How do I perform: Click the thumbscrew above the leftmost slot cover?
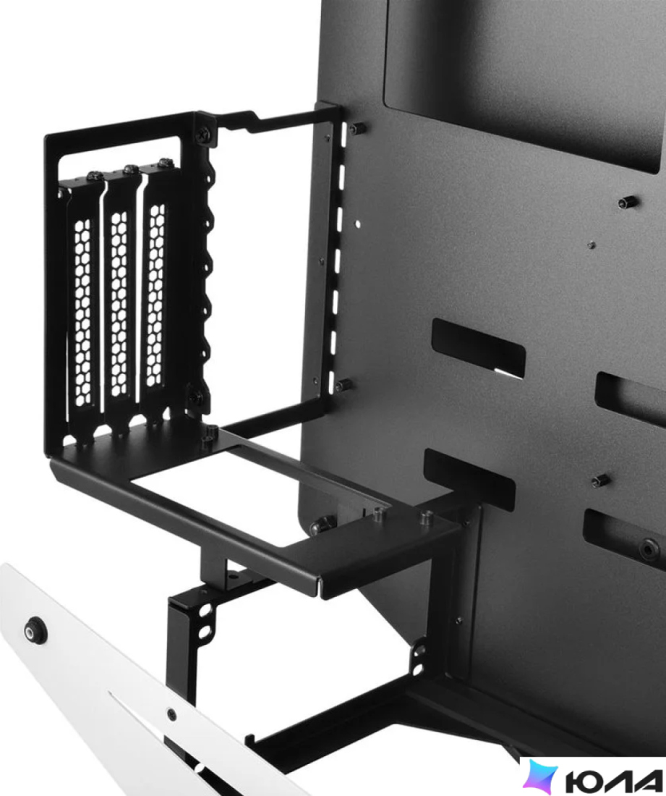95,176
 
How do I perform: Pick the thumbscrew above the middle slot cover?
130,169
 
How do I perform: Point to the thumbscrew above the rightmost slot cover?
166,162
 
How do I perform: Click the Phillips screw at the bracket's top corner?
204,135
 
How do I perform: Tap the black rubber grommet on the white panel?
35,630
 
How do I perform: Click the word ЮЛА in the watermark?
612,779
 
